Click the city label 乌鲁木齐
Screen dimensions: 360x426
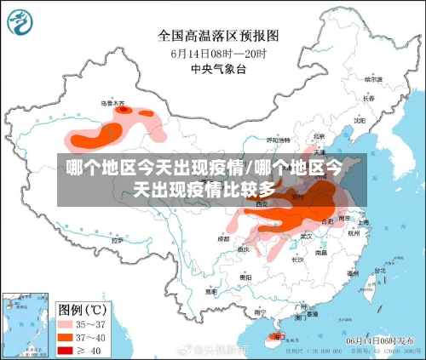tap(112, 103)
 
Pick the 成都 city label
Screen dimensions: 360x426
tap(223, 239)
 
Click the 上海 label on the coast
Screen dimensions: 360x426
tap(363, 222)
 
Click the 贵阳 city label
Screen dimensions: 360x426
tap(245, 277)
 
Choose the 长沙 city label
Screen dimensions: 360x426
tap(296, 260)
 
